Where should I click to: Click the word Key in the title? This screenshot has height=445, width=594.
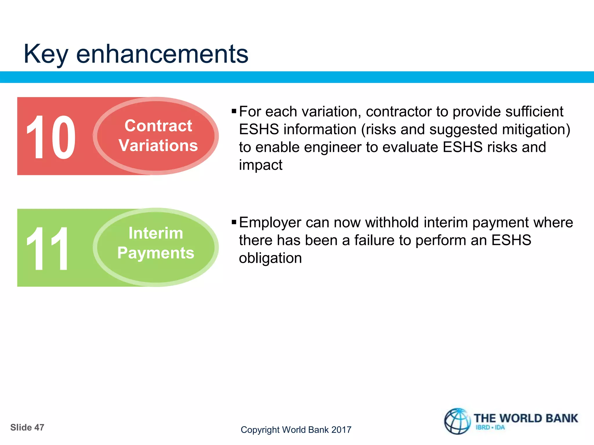(x=46, y=54)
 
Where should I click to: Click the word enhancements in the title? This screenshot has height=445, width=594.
(x=162, y=54)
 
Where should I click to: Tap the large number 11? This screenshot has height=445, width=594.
(x=47, y=249)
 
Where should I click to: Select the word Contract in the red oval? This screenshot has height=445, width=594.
(x=158, y=126)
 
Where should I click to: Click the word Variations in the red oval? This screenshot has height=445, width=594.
(x=158, y=145)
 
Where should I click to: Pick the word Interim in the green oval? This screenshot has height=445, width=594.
(x=156, y=233)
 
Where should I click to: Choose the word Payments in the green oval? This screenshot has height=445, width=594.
(x=156, y=253)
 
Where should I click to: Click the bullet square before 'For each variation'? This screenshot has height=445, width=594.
(x=234, y=111)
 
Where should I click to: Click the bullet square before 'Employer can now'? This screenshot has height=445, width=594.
(x=234, y=222)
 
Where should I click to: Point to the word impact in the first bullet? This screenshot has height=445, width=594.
(x=260, y=165)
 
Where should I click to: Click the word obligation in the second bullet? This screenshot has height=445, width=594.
(x=270, y=258)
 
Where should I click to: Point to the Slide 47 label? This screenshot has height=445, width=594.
(x=27, y=427)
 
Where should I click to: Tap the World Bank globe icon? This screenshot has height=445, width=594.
(x=457, y=421)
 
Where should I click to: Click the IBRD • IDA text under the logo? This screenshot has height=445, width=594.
(x=490, y=428)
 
